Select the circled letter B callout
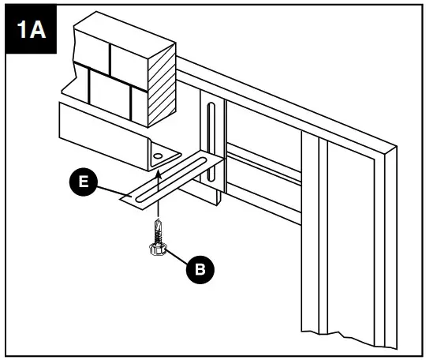click(200, 269)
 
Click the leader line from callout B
click(177, 259)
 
